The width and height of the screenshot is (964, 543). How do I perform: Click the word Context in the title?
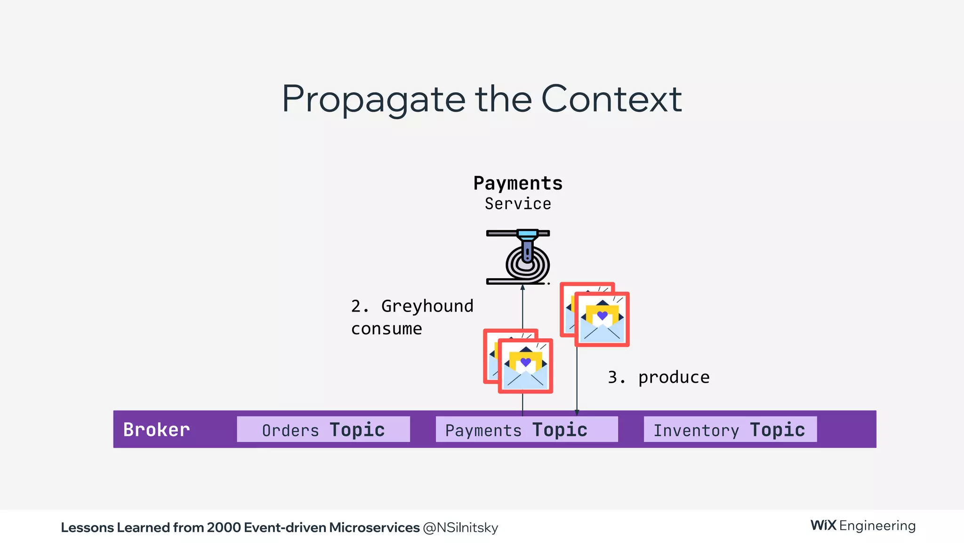click(611, 99)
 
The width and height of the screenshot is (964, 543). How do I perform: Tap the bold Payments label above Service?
click(518, 183)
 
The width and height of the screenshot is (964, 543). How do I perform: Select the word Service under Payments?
click(518, 204)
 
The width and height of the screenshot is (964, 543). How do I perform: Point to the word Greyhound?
click(427, 306)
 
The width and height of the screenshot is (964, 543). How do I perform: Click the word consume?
click(386, 329)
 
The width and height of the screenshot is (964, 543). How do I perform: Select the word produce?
click(674, 377)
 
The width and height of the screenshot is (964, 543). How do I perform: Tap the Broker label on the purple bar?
click(156, 429)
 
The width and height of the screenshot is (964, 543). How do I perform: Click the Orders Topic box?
click(323, 429)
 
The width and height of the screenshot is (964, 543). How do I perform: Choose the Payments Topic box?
click(526, 429)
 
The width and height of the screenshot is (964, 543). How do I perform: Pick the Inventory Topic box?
click(730, 429)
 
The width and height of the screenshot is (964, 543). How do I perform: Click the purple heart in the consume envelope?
click(526, 362)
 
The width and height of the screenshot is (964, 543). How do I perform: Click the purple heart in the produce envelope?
click(602, 315)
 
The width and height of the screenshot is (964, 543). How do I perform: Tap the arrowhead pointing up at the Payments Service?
click(522, 287)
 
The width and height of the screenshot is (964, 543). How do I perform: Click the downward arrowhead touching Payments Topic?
click(577, 412)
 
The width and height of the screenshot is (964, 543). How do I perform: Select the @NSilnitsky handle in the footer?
click(460, 527)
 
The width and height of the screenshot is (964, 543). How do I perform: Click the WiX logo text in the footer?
click(823, 526)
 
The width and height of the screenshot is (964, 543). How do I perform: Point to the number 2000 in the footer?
click(224, 527)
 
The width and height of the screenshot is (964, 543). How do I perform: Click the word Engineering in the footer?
click(877, 526)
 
